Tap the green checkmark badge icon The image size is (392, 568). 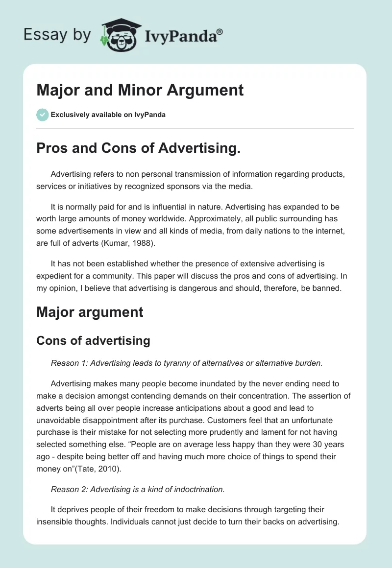[x=42, y=115]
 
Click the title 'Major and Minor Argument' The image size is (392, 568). [x=140, y=90]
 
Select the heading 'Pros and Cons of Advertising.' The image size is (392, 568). [x=138, y=149]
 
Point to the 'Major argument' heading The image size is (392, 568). [x=90, y=312]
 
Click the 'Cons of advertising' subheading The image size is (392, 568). [x=93, y=340]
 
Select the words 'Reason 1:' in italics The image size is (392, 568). [x=66, y=363]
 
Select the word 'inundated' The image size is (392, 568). [x=211, y=383]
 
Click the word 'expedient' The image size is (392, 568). [x=56, y=276]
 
